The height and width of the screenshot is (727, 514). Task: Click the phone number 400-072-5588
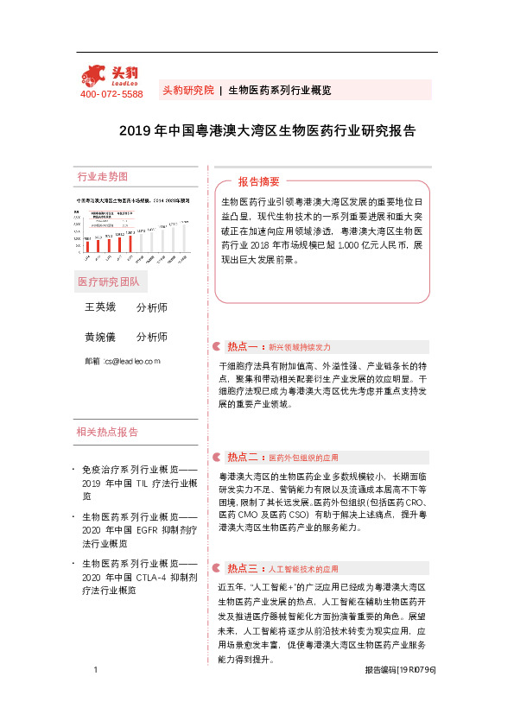(111, 93)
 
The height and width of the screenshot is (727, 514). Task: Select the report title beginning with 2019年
(267, 131)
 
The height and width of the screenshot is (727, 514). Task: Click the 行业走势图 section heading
(103, 176)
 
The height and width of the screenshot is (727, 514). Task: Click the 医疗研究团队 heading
(108, 282)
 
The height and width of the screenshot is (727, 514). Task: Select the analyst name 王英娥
(99, 307)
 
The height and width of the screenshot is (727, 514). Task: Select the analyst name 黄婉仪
(99, 337)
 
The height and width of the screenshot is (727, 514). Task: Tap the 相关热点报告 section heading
(107, 432)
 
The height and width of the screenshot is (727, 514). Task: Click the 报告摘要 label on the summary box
(258, 182)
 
